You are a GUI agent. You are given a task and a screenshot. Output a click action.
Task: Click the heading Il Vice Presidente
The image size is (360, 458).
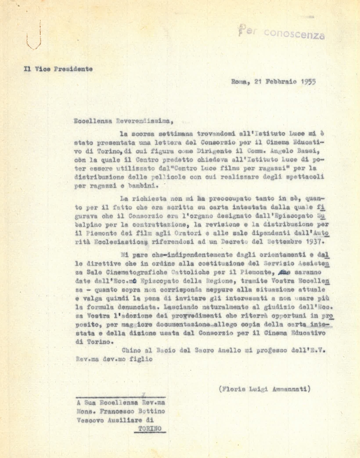pyautogui.click(x=58, y=69)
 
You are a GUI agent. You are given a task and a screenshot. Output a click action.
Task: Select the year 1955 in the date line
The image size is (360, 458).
pyautogui.click(x=307, y=82)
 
